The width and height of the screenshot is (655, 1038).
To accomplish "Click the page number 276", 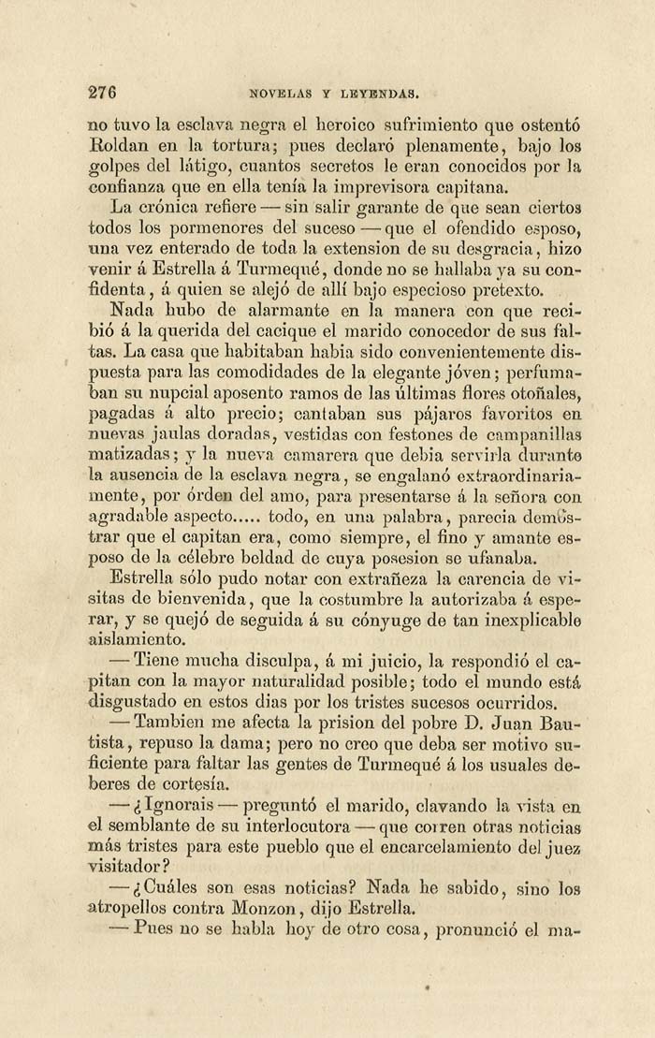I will pos(101,92).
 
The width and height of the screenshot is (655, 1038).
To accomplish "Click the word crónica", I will pos(182,206).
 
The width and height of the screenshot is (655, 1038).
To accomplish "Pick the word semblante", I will pos(150,826).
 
